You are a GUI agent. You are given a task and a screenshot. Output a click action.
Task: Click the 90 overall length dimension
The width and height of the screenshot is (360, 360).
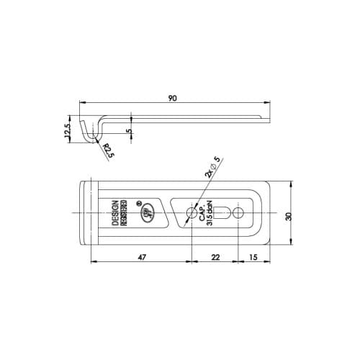tap(172, 99)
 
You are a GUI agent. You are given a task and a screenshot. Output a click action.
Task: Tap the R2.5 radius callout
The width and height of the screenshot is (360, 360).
tap(107, 150)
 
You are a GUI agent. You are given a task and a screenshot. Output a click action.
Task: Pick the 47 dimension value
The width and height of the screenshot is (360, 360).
tap(141, 256)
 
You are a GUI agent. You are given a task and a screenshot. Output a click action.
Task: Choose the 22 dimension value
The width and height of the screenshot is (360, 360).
tap(215, 256)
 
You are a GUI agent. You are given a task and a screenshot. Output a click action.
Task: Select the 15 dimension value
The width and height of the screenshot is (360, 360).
tap(253, 256)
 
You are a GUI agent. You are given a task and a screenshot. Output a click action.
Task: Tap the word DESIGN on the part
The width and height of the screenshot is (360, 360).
tap(115, 215)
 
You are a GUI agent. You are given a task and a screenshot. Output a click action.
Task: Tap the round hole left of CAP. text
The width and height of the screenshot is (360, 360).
tap(192, 213)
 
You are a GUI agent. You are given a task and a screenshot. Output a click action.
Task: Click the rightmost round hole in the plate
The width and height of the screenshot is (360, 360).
tap(238, 213)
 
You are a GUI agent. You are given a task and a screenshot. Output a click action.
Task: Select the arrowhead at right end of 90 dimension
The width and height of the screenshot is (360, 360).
tap(269, 104)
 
